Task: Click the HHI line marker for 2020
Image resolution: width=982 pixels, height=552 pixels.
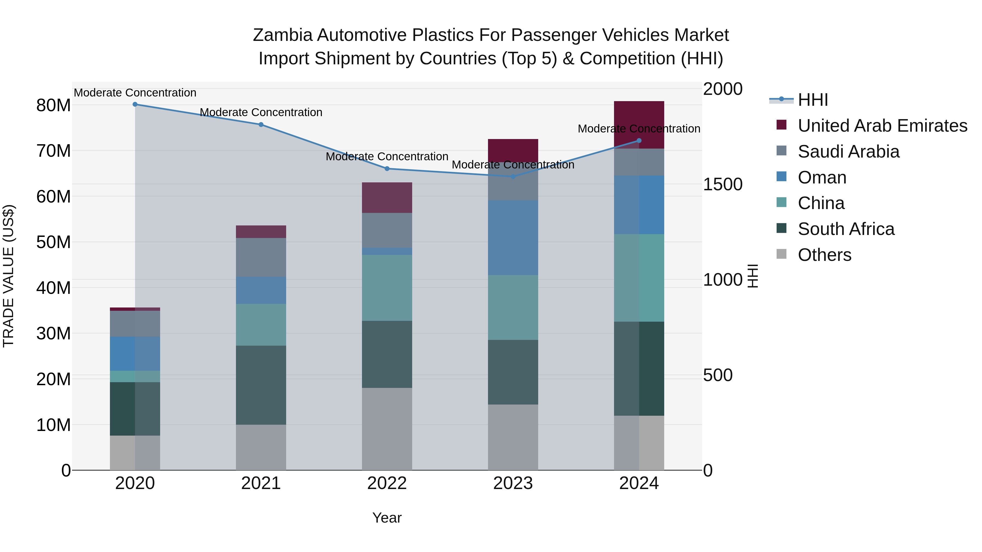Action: (135, 104)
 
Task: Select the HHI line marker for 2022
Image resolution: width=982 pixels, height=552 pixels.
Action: (387, 169)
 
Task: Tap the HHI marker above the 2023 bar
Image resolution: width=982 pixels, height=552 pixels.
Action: (513, 177)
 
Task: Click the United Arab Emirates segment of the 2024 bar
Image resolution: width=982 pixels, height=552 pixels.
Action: (639, 125)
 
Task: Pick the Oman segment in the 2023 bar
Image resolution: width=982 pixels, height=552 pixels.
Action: (513, 238)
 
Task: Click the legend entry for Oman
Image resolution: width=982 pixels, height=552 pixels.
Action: (822, 177)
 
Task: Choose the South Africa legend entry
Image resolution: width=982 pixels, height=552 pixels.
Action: (846, 229)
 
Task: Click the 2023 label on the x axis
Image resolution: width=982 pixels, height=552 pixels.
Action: (513, 483)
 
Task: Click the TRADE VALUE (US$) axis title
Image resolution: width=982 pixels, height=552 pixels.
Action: (8, 276)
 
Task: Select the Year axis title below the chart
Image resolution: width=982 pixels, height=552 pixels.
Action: (387, 518)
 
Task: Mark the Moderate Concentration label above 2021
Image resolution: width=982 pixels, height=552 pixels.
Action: (261, 112)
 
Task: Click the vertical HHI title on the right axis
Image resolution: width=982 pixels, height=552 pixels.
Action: (753, 276)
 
